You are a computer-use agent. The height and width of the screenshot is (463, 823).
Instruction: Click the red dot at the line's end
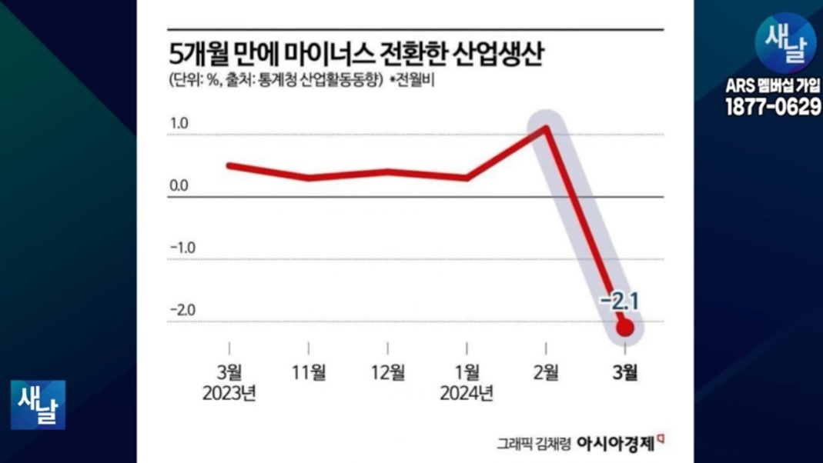625,328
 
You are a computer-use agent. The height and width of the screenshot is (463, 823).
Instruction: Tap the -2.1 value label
619,302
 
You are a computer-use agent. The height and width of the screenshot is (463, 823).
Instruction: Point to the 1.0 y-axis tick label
179,123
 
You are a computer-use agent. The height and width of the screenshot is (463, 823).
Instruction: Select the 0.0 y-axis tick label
179,185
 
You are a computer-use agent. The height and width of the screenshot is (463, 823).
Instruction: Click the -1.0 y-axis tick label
182,248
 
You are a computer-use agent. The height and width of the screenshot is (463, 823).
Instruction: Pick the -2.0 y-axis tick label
182,310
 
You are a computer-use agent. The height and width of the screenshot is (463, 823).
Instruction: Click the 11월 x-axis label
309,372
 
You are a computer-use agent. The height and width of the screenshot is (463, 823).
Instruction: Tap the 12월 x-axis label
388,372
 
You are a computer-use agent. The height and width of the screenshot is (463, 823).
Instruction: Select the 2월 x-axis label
546,372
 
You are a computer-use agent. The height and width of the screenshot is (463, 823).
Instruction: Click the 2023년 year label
229,393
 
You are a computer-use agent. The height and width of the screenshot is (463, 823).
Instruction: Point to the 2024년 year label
467,393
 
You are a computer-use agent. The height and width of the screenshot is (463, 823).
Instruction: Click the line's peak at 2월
546,128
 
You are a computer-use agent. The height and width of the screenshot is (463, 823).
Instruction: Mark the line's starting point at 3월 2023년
229,165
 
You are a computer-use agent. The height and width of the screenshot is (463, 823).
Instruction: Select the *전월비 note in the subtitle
412,81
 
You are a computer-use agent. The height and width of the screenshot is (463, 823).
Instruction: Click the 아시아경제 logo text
615,444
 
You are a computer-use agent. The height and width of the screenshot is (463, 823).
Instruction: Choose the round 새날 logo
786,43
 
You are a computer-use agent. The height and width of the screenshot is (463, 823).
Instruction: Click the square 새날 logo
38,405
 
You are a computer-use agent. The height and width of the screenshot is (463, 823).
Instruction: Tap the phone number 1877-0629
773,107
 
